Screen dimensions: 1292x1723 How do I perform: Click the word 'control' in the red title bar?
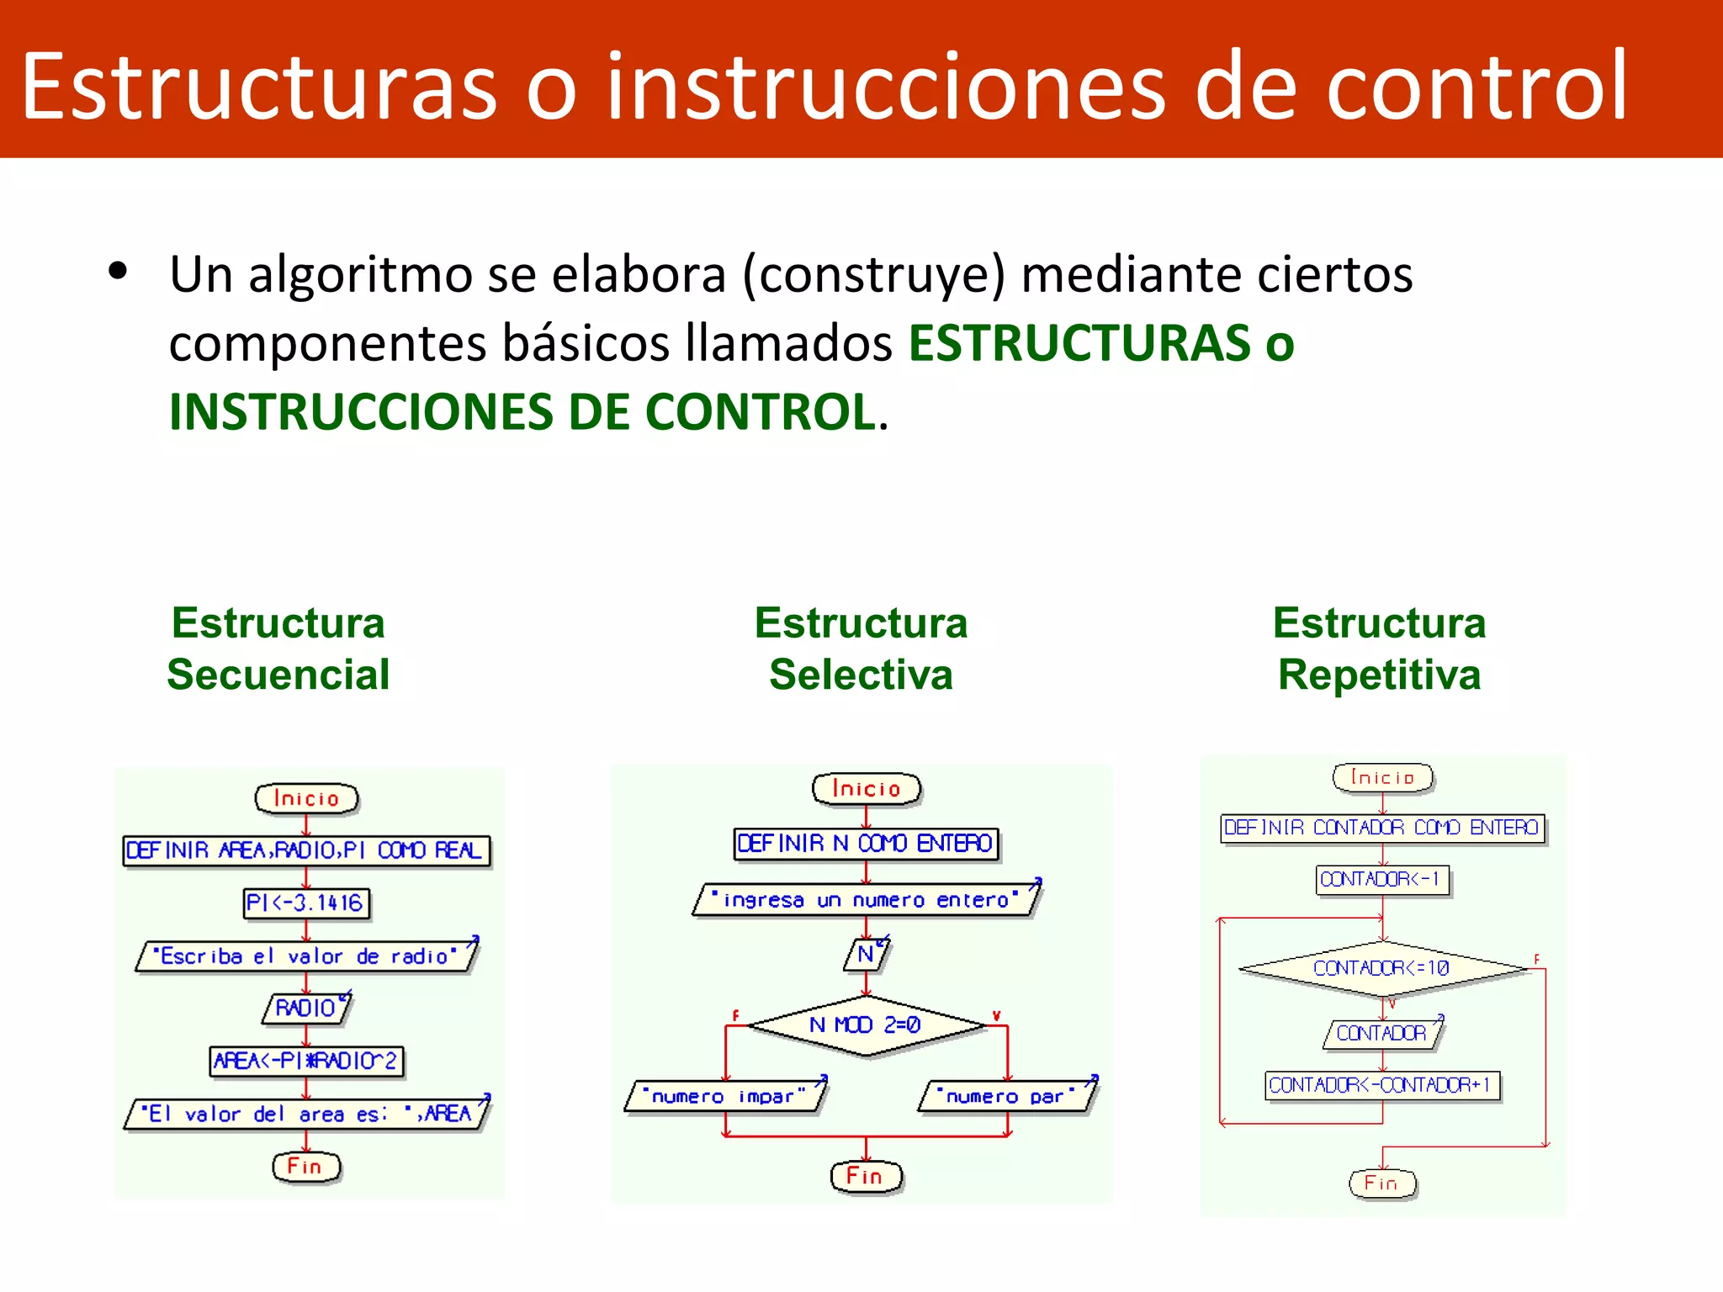pyautogui.click(x=1476, y=87)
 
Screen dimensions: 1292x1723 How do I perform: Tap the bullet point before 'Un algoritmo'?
pyautogui.click(x=118, y=271)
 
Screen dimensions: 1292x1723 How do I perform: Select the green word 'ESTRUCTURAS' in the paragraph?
pyautogui.click(x=1079, y=343)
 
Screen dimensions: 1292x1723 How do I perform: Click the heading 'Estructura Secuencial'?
pyautogui.click(x=278, y=649)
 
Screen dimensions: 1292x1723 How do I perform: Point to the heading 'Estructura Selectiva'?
pyautogui.click(x=861, y=649)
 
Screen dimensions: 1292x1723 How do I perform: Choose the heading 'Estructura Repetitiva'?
pyautogui.click(x=1379, y=649)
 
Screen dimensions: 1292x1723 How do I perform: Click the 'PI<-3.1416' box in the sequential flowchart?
pyautogui.click(x=306, y=903)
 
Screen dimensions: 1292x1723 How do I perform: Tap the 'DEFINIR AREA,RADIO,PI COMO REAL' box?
pyautogui.click(x=306, y=850)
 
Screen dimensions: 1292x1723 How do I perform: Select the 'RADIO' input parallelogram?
pyautogui.click(x=306, y=1008)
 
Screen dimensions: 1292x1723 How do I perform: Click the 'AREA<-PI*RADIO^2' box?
pyautogui.click(x=306, y=1061)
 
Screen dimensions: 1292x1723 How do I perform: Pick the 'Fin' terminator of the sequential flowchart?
pyautogui.click(x=306, y=1167)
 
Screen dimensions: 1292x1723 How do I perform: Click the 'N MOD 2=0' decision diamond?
pyautogui.click(x=867, y=1025)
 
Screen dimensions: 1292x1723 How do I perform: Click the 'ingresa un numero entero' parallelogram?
pyautogui.click(x=867, y=900)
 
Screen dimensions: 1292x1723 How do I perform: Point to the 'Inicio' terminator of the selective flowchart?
pyautogui.click(x=867, y=789)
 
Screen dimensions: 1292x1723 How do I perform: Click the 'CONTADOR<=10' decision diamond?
pyautogui.click(x=1382, y=968)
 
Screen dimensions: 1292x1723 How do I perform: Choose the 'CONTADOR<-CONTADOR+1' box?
pyautogui.click(x=1382, y=1085)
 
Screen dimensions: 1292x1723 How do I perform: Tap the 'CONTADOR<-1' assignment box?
pyautogui.click(x=1382, y=880)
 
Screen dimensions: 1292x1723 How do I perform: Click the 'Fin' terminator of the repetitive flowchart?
pyautogui.click(x=1382, y=1183)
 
